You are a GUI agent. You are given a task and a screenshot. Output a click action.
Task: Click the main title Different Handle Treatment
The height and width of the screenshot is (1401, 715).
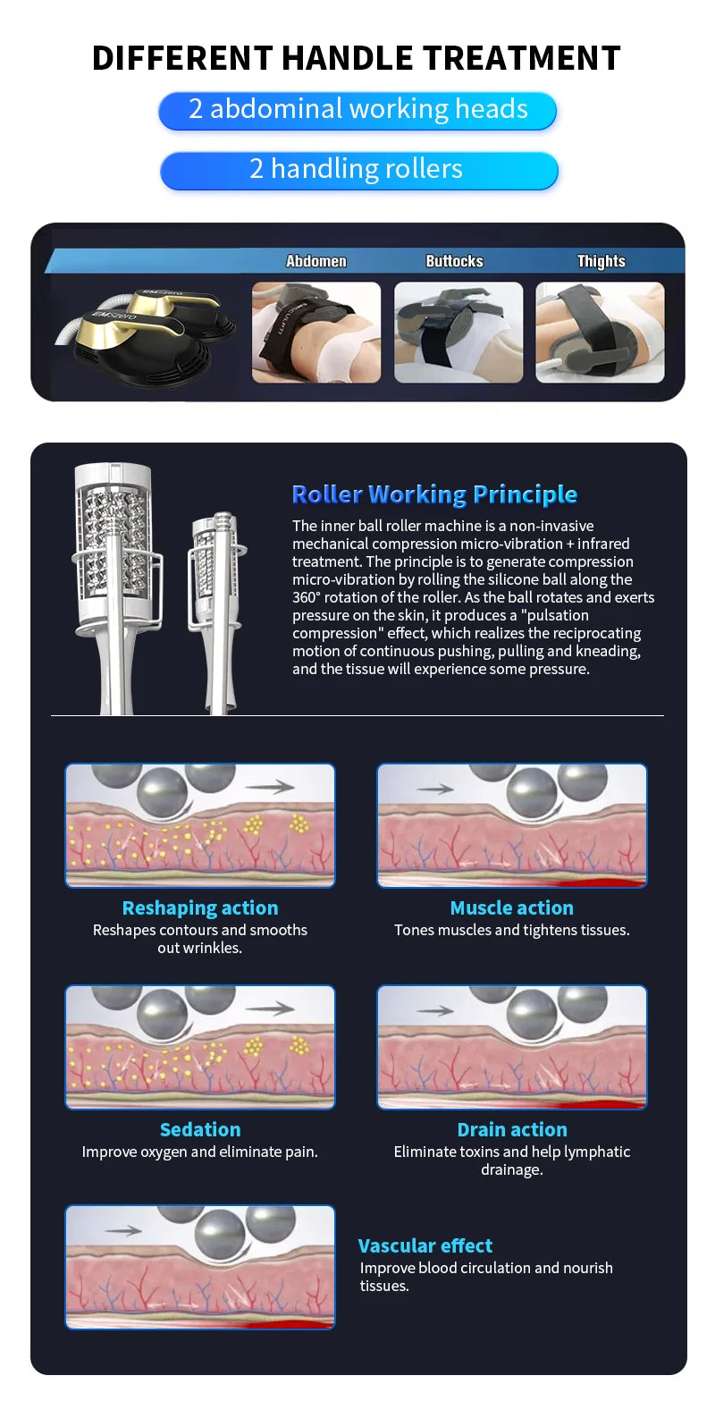point(357,58)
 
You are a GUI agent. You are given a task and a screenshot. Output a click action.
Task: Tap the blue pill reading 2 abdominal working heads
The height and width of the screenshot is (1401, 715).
point(357,110)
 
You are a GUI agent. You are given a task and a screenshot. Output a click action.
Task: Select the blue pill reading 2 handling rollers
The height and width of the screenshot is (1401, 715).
point(357,169)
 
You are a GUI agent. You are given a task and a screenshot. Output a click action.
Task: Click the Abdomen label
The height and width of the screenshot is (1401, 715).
point(315,261)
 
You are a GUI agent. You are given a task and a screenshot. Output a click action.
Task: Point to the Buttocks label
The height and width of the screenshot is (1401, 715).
point(454,261)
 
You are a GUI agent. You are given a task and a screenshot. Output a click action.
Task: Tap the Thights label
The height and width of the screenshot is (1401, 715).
point(601,261)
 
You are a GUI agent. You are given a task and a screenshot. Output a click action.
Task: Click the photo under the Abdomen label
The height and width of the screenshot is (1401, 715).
point(316,332)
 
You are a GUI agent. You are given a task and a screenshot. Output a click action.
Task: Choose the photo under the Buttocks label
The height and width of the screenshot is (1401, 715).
point(458,332)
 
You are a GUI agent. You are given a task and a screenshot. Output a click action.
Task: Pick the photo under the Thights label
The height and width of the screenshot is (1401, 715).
point(600,332)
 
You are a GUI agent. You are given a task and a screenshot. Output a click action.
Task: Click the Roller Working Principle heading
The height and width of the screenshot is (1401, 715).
point(434,494)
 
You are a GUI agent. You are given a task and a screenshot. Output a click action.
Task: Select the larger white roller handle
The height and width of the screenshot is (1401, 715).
point(114,572)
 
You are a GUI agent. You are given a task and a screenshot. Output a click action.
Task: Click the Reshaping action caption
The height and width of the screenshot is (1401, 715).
point(200,907)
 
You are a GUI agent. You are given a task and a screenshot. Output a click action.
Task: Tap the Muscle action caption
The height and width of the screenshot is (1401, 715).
point(512,907)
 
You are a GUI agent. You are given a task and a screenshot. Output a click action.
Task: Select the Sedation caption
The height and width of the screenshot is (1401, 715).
point(200,1129)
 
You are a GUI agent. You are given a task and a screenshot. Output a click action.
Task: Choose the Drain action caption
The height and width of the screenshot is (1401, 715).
point(512,1129)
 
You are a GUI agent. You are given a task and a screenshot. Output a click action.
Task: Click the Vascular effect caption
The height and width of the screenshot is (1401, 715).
point(425,1245)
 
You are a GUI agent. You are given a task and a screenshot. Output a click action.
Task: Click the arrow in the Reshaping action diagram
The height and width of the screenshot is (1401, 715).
point(270,787)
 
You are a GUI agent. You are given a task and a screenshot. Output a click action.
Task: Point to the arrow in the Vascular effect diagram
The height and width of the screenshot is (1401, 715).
point(123,1230)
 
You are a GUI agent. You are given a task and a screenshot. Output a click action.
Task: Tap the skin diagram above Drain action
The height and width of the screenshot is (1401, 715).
point(512,1047)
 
